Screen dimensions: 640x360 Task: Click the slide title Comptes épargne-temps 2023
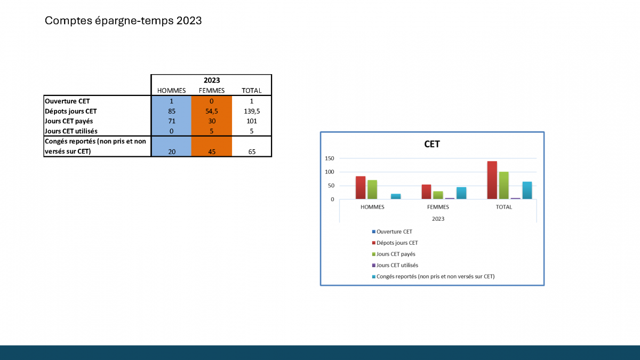pyautogui.click(x=123, y=21)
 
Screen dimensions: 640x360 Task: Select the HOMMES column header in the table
pyautogui.click(x=171, y=91)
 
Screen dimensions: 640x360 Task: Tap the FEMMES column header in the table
pyautogui.click(x=212, y=91)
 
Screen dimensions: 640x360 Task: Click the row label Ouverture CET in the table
pyautogui.click(x=67, y=101)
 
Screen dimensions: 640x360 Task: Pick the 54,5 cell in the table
pyautogui.click(x=211, y=111)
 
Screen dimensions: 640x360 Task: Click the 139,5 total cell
pyautogui.click(x=252, y=111)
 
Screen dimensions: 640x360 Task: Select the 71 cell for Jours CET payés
pyautogui.click(x=172, y=121)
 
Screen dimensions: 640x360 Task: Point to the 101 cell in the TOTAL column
pyautogui.click(x=252, y=121)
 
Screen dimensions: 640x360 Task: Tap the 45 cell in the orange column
pyautogui.click(x=212, y=151)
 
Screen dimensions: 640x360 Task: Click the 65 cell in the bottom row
pyautogui.click(x=252, y=151)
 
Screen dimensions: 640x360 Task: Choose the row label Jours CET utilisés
pyautogui.click(x=71, y=131)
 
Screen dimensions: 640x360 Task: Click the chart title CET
pyautogui.click(x=432, y=144)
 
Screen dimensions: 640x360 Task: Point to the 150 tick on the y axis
pyautogui.click(x=330, y=158)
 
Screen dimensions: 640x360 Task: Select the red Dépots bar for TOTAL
pyautogui.click(x=492, y=180)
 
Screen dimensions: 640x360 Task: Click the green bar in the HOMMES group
pyautogui.click(x=372, y=189)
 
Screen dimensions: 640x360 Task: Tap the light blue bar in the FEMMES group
pyautogui.click(x=461, y=193)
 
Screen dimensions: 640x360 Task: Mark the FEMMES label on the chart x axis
pyautogui.click(x=438, y=207)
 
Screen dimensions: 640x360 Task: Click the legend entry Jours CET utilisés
pyautogui.click(x=395, y=265)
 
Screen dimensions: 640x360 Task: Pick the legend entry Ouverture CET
pyautogui.click(x=392, y=231)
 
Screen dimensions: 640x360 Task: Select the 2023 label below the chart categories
pyautogui.click(x=438, y=219)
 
